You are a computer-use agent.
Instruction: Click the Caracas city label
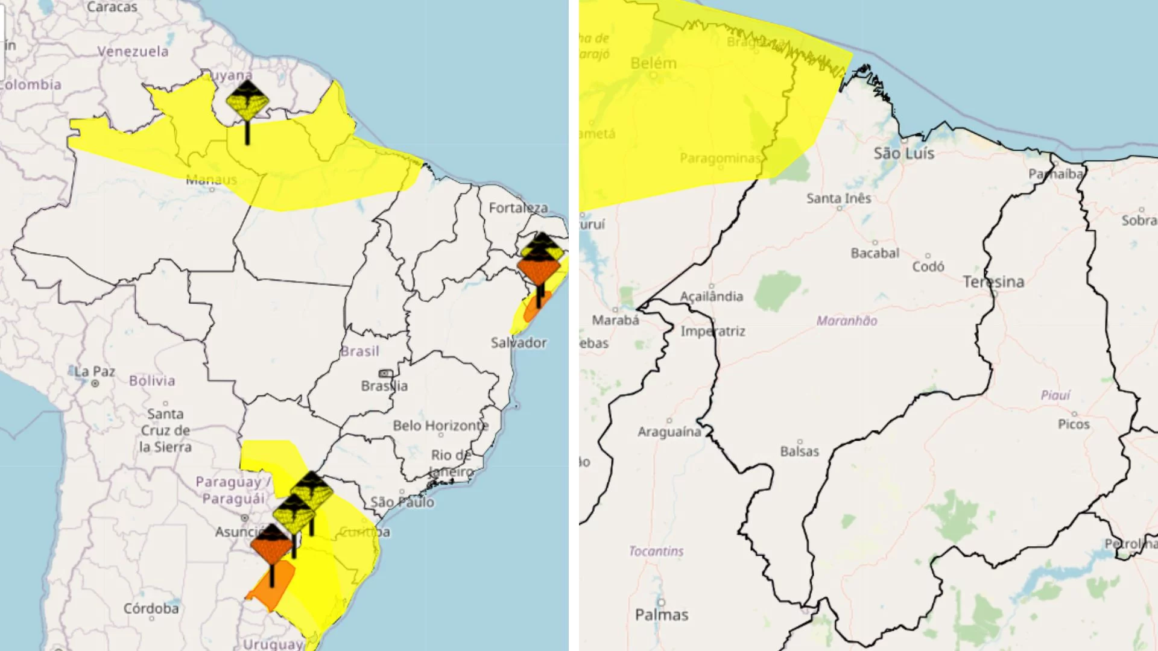point(112,7)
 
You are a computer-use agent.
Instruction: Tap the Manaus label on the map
point(211,180)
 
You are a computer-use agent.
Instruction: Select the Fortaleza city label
point(518,208)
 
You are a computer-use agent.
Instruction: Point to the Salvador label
point(519,343)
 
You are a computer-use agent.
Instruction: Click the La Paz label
point(95,372)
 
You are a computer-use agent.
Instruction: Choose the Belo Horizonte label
point(440,426)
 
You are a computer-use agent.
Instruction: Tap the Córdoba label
point(151,609)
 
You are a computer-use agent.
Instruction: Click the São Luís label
point(904,154)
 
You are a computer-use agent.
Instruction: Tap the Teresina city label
point(993,282)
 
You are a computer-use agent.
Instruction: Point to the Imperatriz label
point(713,332)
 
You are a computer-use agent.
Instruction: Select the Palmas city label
point(662,615)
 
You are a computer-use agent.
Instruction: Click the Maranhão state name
point(847,321)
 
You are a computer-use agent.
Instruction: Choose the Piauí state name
point(1055,395)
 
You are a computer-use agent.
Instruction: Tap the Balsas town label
point(799,451)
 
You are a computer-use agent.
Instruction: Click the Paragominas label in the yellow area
point(720,159)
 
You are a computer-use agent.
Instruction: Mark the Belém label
point(653,63)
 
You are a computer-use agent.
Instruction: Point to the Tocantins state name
point(656,552)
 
